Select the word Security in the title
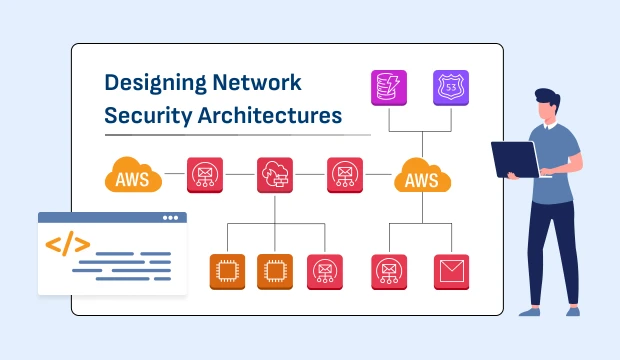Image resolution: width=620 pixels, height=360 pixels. click(145, 116)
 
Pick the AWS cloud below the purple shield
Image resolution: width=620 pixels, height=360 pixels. click(422, 178)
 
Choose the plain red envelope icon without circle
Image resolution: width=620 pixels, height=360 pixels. click(450, 270)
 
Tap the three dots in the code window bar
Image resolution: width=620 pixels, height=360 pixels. click(170, 218)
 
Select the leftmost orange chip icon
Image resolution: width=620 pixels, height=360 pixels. click(227, 270)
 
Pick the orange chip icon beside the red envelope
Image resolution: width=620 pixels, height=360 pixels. click(275, 270)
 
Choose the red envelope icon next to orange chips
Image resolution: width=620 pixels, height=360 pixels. click(323, 270)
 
